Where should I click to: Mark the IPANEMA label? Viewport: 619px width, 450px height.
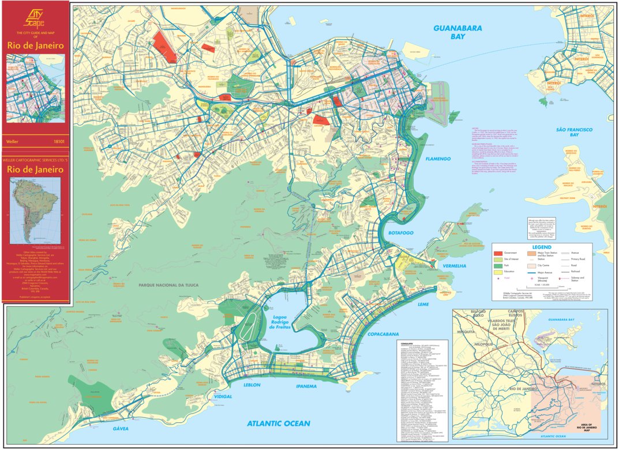[x=306, y=386]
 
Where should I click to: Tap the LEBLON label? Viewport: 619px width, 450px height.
[x=252, y=385]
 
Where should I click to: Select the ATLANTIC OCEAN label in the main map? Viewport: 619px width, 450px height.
[x=279, y=423]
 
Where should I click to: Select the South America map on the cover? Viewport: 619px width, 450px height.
[x=35, y=210]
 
